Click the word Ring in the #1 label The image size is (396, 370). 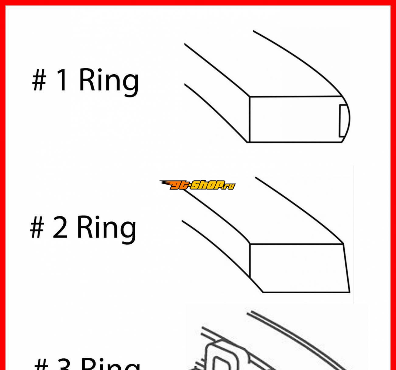pos(109,82)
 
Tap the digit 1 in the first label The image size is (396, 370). pos(62,80)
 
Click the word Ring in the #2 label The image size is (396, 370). pos(107,230)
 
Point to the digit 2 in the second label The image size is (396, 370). pos(60,227)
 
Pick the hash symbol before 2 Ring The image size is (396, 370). pos(37,227)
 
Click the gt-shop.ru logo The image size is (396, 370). pos(197,185)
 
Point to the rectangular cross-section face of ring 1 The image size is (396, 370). pos(295,119)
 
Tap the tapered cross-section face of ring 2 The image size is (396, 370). pos(299,268)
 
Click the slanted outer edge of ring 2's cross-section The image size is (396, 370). pos(346,268)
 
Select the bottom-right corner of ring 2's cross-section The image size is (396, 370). pos(350,293)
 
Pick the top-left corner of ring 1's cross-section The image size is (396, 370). pos(249,97)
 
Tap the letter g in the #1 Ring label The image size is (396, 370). pos(130,85)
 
